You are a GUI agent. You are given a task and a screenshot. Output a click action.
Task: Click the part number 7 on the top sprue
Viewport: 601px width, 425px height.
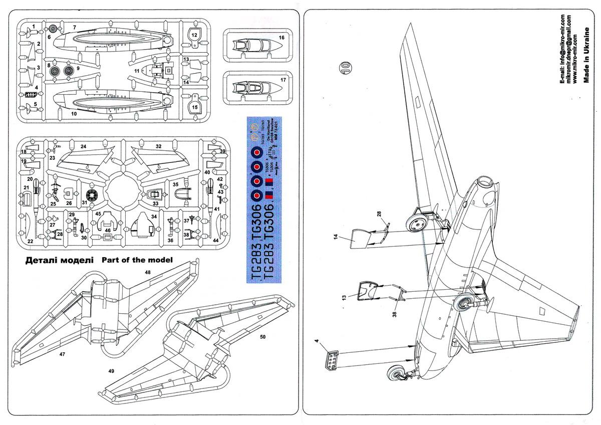point(74,27)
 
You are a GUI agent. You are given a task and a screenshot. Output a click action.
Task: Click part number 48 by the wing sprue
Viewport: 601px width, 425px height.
point(147,272)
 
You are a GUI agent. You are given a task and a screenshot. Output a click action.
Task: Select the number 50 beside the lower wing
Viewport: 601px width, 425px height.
point(262,337)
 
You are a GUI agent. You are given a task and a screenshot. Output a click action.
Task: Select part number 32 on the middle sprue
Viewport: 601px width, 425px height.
point(158,146)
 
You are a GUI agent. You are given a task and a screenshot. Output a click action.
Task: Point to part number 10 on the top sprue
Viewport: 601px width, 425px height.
point(74,115)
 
